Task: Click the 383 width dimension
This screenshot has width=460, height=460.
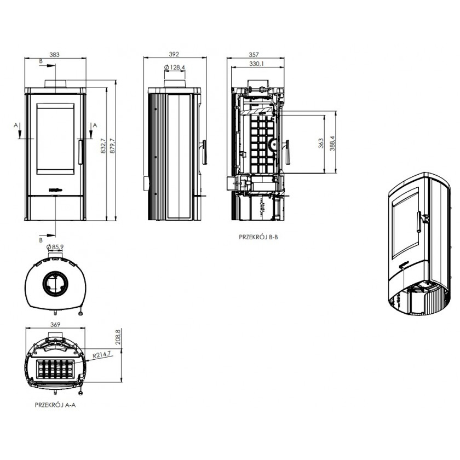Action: pos(54,55)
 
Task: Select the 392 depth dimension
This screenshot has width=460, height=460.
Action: pos(174,54)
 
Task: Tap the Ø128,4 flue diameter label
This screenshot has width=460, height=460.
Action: pos(175,68)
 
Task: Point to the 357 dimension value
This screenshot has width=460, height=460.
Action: pos(254,55)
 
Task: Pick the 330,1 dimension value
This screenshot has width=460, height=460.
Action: pos(256,64)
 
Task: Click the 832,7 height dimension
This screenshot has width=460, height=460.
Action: pos(103,146)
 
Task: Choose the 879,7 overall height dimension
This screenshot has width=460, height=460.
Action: pos(112,145)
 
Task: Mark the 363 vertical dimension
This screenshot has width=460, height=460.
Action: pos(321,143)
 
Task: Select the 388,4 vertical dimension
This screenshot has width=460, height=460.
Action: pos(332,143)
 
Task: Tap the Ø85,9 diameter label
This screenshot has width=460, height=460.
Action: pos(55,247)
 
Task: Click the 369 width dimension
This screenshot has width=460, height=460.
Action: pos(55,324)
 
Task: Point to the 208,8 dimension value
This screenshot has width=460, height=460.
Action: pos(118,337)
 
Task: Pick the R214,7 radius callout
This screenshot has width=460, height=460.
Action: pos(101,355)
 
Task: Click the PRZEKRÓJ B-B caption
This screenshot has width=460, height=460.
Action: pos(258,237)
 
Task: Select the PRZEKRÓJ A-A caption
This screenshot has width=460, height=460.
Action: pos(55,405)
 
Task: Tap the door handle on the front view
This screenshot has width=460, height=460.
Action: pos(80,152)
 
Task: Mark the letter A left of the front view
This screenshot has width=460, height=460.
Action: pos(16,125)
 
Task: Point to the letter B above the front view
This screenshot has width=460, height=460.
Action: pos(41,61)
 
